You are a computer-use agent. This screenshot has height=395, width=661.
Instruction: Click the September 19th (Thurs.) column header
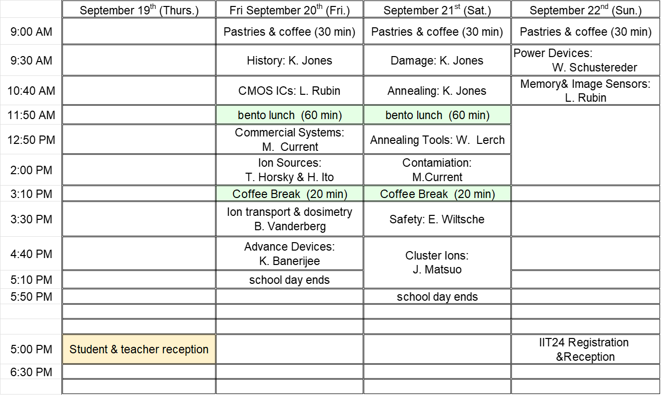click(x=139, y=9)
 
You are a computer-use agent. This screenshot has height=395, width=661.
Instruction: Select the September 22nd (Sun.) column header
click(x=586, y=9)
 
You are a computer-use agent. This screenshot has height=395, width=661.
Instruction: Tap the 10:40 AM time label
click(x=31, y=91)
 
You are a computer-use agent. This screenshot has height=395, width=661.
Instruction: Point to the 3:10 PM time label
click(x=31, y=194)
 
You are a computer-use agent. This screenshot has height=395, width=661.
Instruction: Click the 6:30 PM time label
click(x=31, y=372)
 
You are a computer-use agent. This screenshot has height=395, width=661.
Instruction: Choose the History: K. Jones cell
click(x=289, y=60)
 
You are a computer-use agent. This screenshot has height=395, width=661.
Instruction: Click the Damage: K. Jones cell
click(x=437, y=60)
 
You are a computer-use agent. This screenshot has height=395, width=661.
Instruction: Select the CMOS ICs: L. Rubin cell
click(x=289, y=91)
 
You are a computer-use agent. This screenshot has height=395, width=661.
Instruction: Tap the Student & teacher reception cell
click(x=139, y=349)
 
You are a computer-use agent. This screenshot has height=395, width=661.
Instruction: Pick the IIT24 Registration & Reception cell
click(x=586, y=349)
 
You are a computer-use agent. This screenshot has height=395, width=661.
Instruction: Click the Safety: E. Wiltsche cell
click(x=437, y=219)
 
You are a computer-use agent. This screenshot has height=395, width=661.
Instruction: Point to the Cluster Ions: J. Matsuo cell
click(x=437, y=263)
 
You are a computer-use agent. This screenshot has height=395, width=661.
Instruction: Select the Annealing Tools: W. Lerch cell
click(x=437, y=140)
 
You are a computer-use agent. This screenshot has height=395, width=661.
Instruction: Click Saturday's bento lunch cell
click(x=437, y=115)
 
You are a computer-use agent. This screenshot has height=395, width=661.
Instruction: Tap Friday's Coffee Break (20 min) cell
click(x=289, y=194)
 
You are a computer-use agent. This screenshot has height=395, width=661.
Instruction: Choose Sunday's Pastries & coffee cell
click(x=586, y=32)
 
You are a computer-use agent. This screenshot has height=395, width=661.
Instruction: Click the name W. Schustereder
click(x=595, y=67)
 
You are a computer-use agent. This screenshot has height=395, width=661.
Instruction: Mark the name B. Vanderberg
click(x=290, y=226)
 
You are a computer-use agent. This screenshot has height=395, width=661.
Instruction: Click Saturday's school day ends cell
click(x=437, y=297)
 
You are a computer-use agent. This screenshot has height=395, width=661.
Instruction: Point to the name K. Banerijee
click(x=289, y=261)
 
